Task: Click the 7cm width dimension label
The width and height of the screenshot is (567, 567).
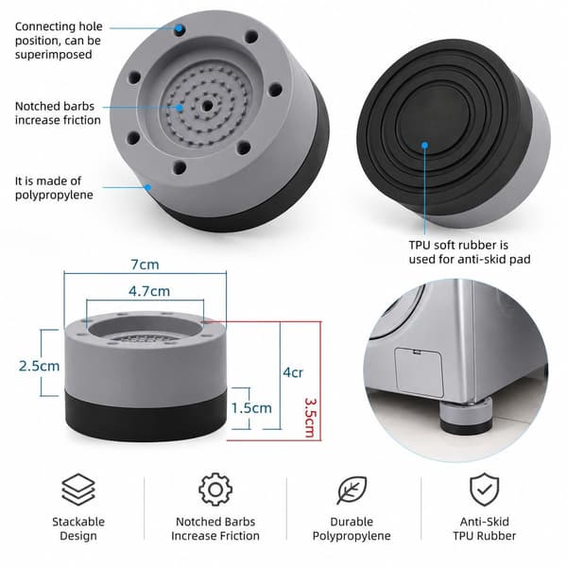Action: click(145, 265)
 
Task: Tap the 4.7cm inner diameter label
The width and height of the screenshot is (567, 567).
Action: click(149, 291)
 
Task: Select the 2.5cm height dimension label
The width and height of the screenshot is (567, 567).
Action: click(39, 366)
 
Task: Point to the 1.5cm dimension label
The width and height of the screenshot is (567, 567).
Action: click(251, 408)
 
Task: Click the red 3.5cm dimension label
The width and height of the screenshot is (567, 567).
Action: click(310, 418)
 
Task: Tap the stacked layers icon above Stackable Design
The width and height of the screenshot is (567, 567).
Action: click(78, 490)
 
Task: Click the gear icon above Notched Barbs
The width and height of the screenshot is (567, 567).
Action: click(215, 490)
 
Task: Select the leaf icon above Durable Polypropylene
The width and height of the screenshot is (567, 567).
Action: click(352, 490)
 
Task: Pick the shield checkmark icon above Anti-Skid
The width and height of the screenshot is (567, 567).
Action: click(484, 490)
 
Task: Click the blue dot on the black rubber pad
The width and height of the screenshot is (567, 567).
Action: click(425, 146)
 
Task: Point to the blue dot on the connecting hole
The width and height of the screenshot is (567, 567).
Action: click(179, 28)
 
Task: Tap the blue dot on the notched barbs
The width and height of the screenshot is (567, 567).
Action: click(180, 108)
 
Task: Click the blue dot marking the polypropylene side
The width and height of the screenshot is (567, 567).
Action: click(148, 187)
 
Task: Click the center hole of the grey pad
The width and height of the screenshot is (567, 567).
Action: click(207, 106)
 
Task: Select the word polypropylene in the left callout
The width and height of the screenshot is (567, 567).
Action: click(54, 196)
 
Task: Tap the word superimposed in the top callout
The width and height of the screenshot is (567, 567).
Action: click(54, 55)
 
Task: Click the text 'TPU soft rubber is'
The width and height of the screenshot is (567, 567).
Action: click(458, 245)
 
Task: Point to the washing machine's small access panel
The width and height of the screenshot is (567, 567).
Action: click(420, 372)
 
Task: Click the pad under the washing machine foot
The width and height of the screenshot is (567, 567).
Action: click(466, 416)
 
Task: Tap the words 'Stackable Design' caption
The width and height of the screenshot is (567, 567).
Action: click(78, 528)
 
